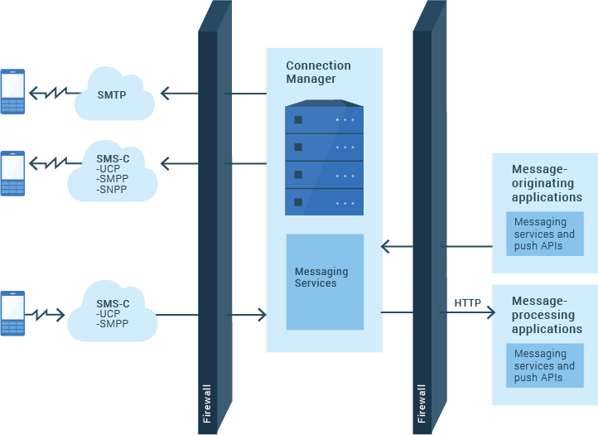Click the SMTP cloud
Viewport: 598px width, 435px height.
point(114,96)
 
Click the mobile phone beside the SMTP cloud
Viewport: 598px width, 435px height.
point(12,91)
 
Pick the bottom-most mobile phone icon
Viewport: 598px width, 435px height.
point(12,313)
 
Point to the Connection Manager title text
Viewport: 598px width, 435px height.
point(318,72)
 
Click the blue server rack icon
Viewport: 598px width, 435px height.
point(324,157)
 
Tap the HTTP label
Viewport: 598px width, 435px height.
point(467,303)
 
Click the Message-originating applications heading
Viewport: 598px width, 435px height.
point(547,183)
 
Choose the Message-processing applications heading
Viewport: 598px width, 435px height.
point(547,315)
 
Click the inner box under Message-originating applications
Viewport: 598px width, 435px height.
point(544,234)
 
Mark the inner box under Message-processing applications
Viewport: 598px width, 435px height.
point(544,365)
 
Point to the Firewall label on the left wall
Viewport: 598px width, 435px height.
point(207,404)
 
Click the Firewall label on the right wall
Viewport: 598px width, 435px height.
point(422,404)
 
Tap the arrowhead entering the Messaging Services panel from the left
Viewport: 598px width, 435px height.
point(261,315)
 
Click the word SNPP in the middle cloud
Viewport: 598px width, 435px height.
point(112,190)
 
